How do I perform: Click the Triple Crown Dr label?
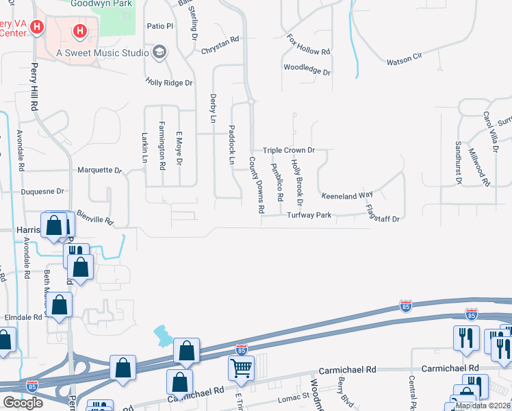coord(288,150)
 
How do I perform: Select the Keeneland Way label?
coord(347,196)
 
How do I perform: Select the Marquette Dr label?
coord(99,170)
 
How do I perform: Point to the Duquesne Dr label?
coord(42,192)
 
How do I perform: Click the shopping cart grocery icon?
coord(241,368)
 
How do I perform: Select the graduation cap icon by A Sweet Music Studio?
coord(160,52)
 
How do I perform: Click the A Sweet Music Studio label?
coord(103,53)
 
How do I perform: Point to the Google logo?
coord(23,403)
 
